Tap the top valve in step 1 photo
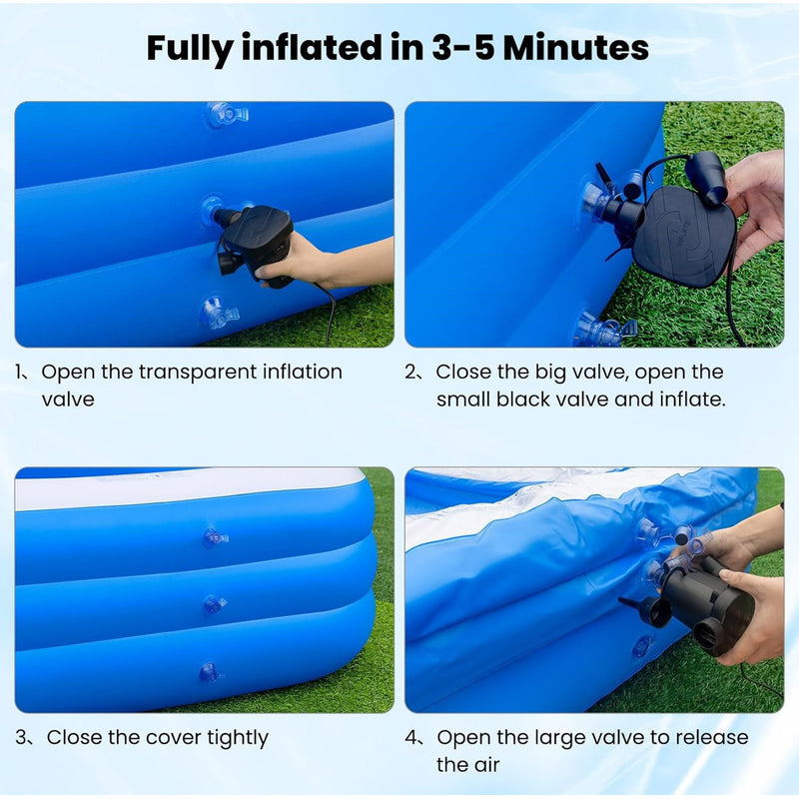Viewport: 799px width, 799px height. [227, 114]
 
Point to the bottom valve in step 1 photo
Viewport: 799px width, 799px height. [218, 312]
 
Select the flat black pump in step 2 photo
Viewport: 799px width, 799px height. [684, 236]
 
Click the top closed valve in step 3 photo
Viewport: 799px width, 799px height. [215, 537]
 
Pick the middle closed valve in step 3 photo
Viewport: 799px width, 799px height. [214, 604]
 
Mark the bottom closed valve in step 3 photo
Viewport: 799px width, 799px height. [210, 672]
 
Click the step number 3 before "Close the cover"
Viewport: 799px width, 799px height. [21, 738]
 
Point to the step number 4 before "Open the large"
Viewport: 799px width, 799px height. [410, 738]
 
